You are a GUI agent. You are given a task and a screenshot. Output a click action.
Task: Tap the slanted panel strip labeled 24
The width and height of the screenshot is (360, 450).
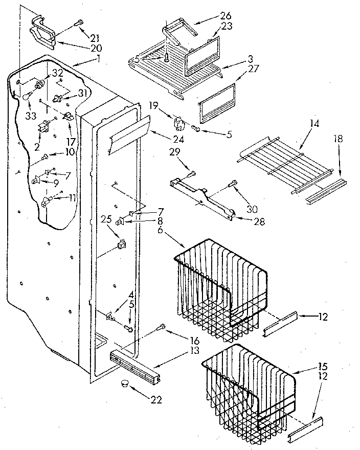(x=128, y=134)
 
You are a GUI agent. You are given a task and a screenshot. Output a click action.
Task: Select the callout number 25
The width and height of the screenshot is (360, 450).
(x=106, y=219)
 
